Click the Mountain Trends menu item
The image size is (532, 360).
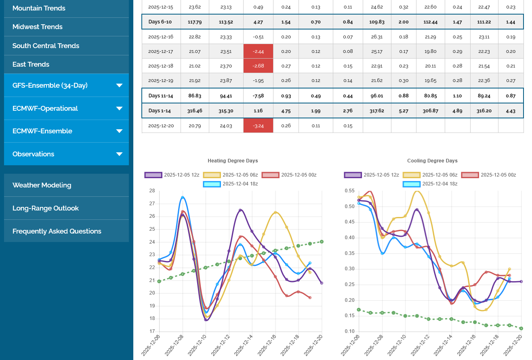39,8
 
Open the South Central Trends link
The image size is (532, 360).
46,46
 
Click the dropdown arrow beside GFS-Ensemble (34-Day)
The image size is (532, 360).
119,85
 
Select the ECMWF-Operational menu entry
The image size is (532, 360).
45,108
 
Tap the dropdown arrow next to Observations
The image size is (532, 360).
119,154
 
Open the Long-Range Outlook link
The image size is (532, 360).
46,208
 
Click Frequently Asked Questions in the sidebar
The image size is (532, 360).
57,231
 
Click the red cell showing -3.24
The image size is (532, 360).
258,126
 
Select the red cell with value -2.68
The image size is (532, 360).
258,66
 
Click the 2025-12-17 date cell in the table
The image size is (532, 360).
161,51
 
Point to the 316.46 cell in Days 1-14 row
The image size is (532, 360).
195,110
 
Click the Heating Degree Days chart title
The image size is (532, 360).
233,161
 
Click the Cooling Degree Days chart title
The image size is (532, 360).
432,161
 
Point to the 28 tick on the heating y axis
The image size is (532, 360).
152,191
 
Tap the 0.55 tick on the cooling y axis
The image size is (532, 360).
349,191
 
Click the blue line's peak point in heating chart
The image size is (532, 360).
183,197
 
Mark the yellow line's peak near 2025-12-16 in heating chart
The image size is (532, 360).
275,212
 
